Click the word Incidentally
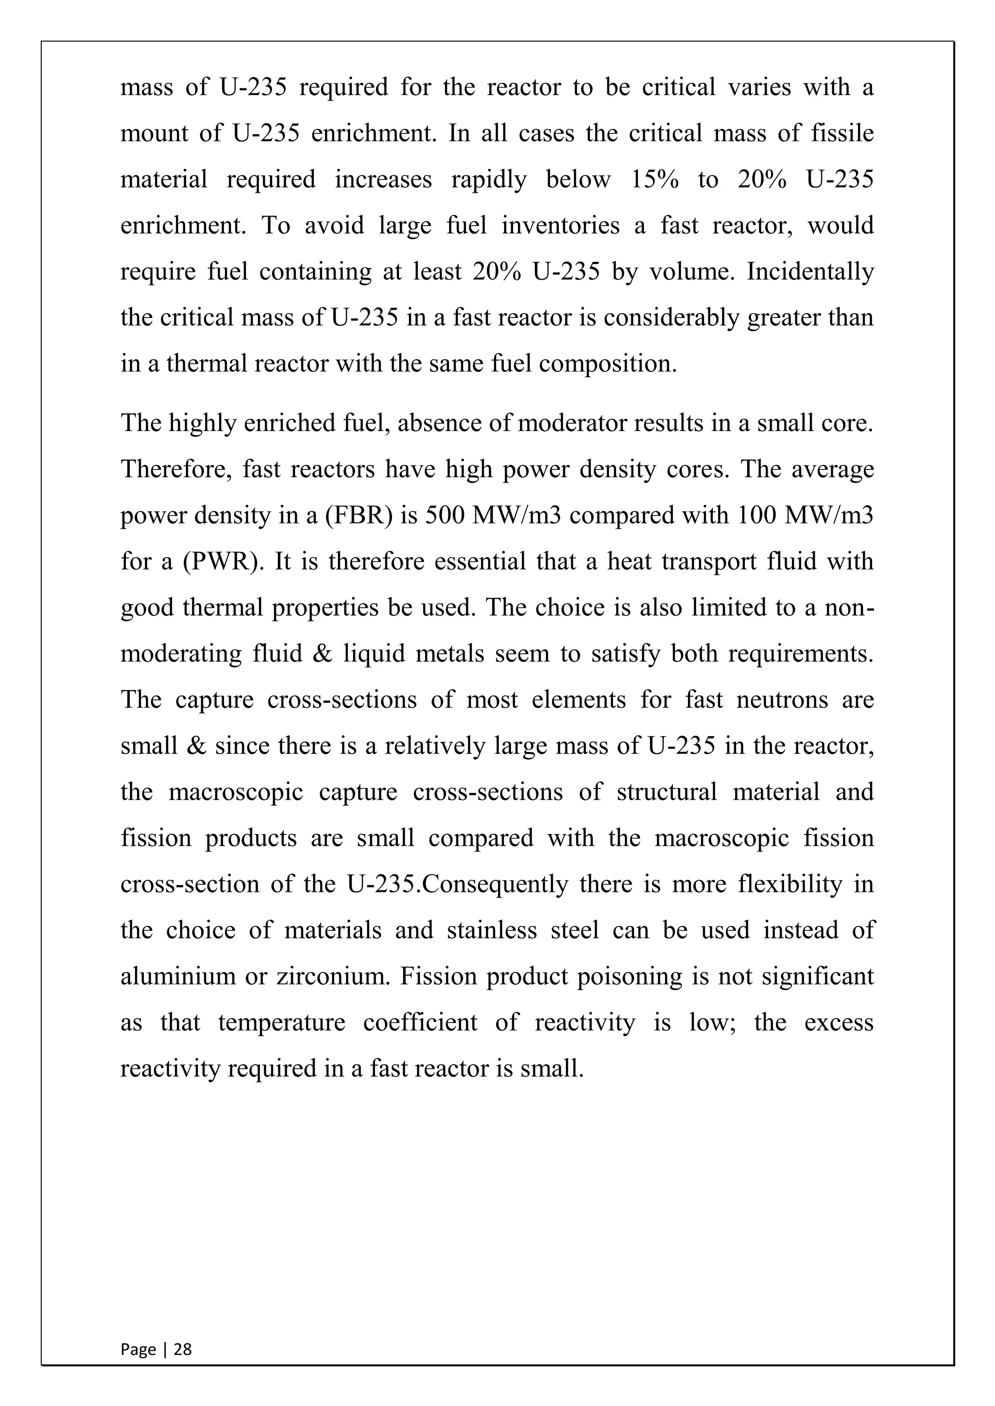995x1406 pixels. tap(810, 271)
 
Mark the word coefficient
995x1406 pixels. tap(420, 1022)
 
